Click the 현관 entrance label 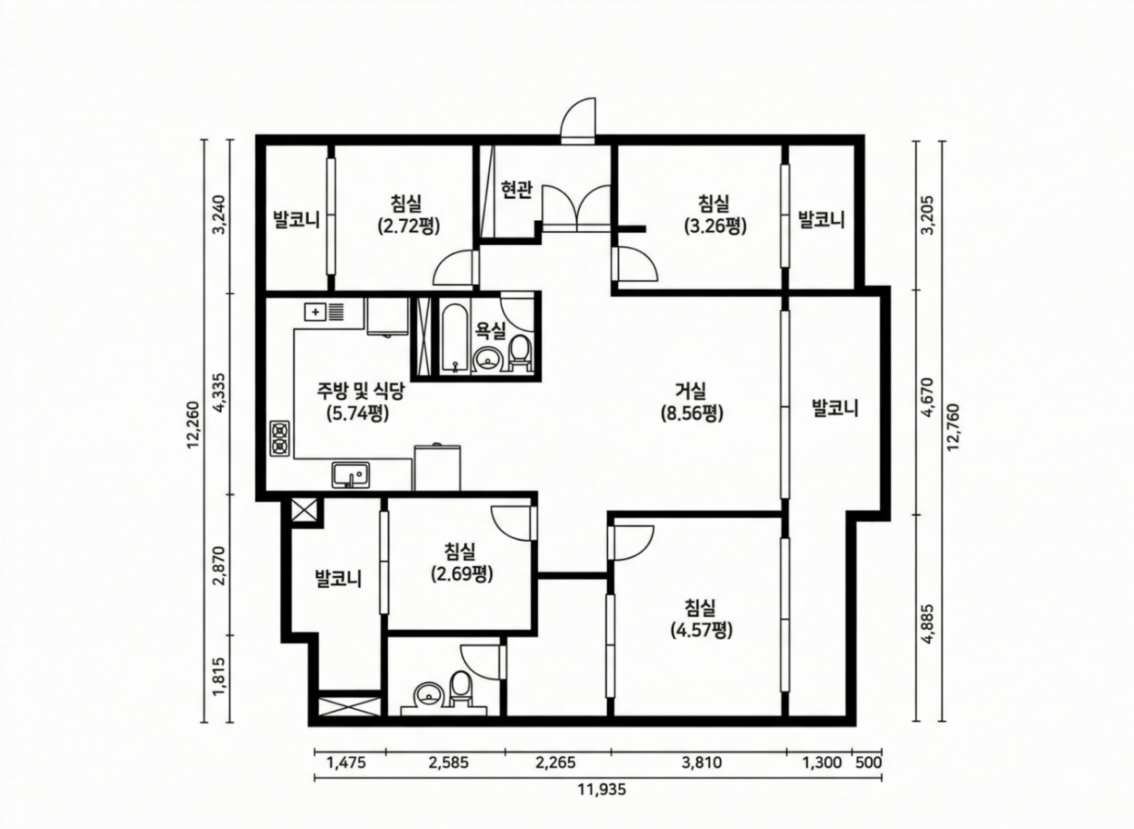coord(517,190)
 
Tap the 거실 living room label coord(691,390)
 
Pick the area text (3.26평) coord(715,226)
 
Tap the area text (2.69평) coord(462,574)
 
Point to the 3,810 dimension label coord(702,763)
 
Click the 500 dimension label coord(868,763)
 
